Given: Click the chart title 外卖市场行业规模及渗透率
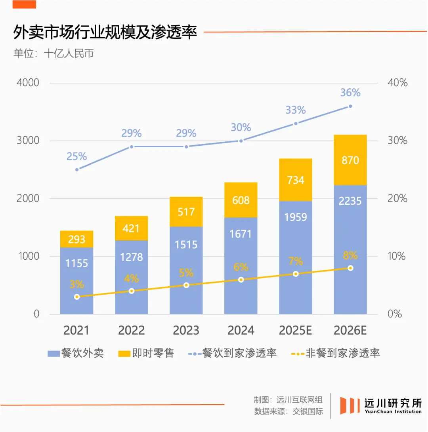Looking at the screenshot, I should click(105, 32).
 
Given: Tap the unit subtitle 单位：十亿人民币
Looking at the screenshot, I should click(53, 53).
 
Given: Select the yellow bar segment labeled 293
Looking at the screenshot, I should click(76, 239).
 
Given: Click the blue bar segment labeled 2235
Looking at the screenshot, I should click(350, 249).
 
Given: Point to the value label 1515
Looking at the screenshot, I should click(186, 244).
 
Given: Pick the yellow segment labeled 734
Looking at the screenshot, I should click(295, 180).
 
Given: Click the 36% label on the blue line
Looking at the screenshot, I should click(350, 93).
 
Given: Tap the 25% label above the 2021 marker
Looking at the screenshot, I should click(76, 156).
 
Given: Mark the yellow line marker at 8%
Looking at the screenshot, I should click(350, 268).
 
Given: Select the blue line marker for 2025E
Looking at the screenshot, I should click(296, 124).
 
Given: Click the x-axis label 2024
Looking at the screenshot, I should click(241, 331).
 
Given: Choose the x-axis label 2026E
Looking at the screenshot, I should click(350, 331).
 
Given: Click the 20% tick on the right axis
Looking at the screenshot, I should click(397, 198).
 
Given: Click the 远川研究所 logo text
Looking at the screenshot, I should click(393, 403).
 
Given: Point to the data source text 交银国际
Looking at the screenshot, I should click(308, 411).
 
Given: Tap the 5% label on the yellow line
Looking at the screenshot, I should click(186, 273).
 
